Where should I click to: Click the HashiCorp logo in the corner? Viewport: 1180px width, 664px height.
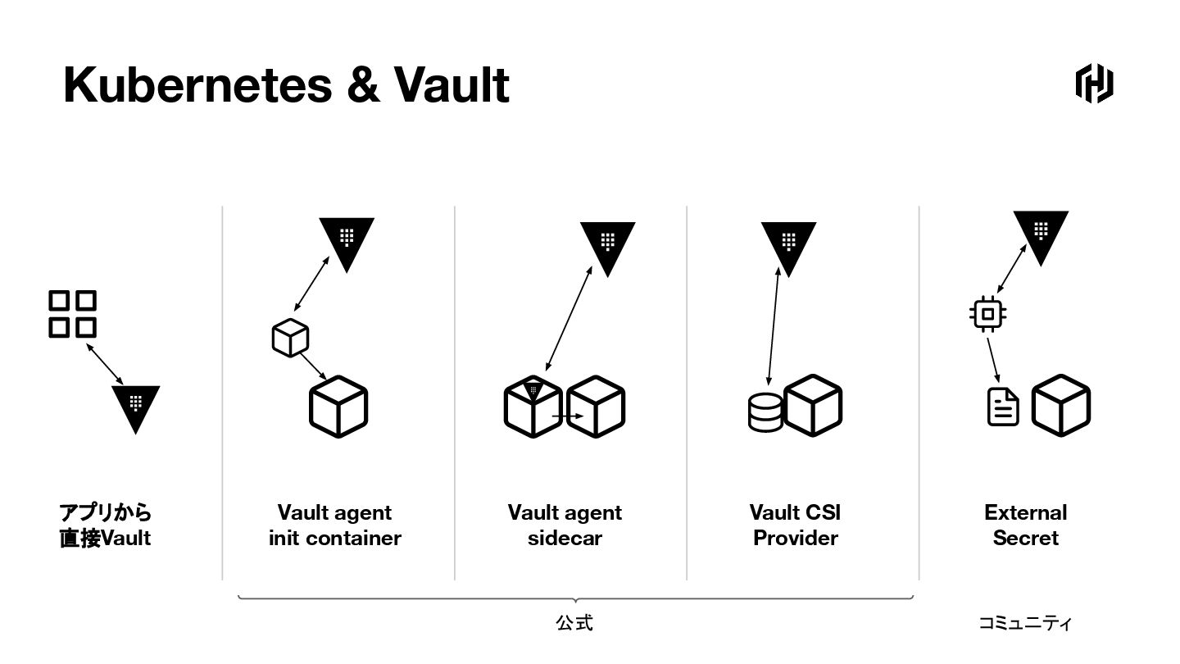tap(1094, 83)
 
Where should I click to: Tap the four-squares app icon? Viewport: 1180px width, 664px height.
tap(72, 314)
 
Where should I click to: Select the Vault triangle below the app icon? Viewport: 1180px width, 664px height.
tap(135, 406)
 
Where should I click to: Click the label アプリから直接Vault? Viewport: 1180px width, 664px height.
tap(105, 525)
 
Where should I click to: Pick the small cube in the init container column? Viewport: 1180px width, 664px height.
tap(290, 338)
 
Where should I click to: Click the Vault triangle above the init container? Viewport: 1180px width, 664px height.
tap(347, 241)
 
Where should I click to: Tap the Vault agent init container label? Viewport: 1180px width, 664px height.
tap(335, 525)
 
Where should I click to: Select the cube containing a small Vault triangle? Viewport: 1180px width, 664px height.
tap(533, 406)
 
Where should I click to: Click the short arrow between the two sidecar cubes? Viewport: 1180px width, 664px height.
tap(567, 416)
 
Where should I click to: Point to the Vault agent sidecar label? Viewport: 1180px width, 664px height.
tap(565, 525)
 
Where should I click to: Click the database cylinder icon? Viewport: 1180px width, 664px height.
tap(765, 412)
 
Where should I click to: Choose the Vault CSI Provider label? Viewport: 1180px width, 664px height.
tap(796, 525)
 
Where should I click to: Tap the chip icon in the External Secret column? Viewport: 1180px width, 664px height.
tap(987, 314)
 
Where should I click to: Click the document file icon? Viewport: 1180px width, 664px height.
tap(1003, 407)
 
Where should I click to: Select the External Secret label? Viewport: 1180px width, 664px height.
tap(1025, 525)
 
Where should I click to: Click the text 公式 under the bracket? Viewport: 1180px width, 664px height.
tap(574, 623)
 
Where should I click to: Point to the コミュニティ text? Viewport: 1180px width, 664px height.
tap(1024, 623)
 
